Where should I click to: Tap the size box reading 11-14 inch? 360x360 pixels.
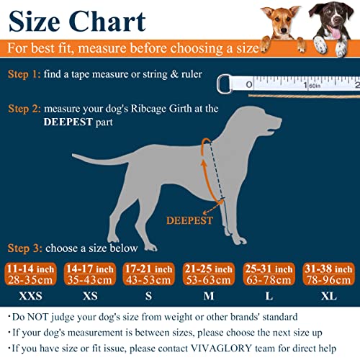tap(31, 273)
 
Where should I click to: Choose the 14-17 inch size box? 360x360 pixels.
tap(89, 273)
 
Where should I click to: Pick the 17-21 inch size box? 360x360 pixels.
tap(149, 273)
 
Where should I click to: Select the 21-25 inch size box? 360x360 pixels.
tap(210, 273)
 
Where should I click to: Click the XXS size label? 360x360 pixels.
tap(31, 296)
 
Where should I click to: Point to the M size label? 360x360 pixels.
tap(210, 296)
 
